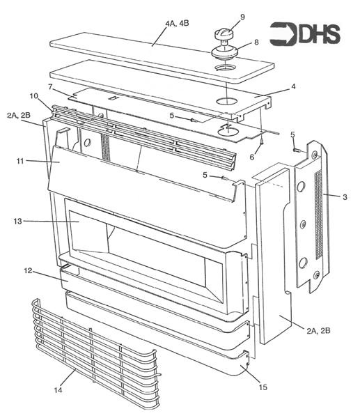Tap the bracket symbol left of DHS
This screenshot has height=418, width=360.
(282, 33)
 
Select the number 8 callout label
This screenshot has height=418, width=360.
(256, 42)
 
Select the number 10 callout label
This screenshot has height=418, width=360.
(33, 95)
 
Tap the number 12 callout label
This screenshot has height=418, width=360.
(29, 270)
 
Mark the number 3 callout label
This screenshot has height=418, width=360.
(344, 198)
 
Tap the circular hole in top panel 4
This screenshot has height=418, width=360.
(225, 102)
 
